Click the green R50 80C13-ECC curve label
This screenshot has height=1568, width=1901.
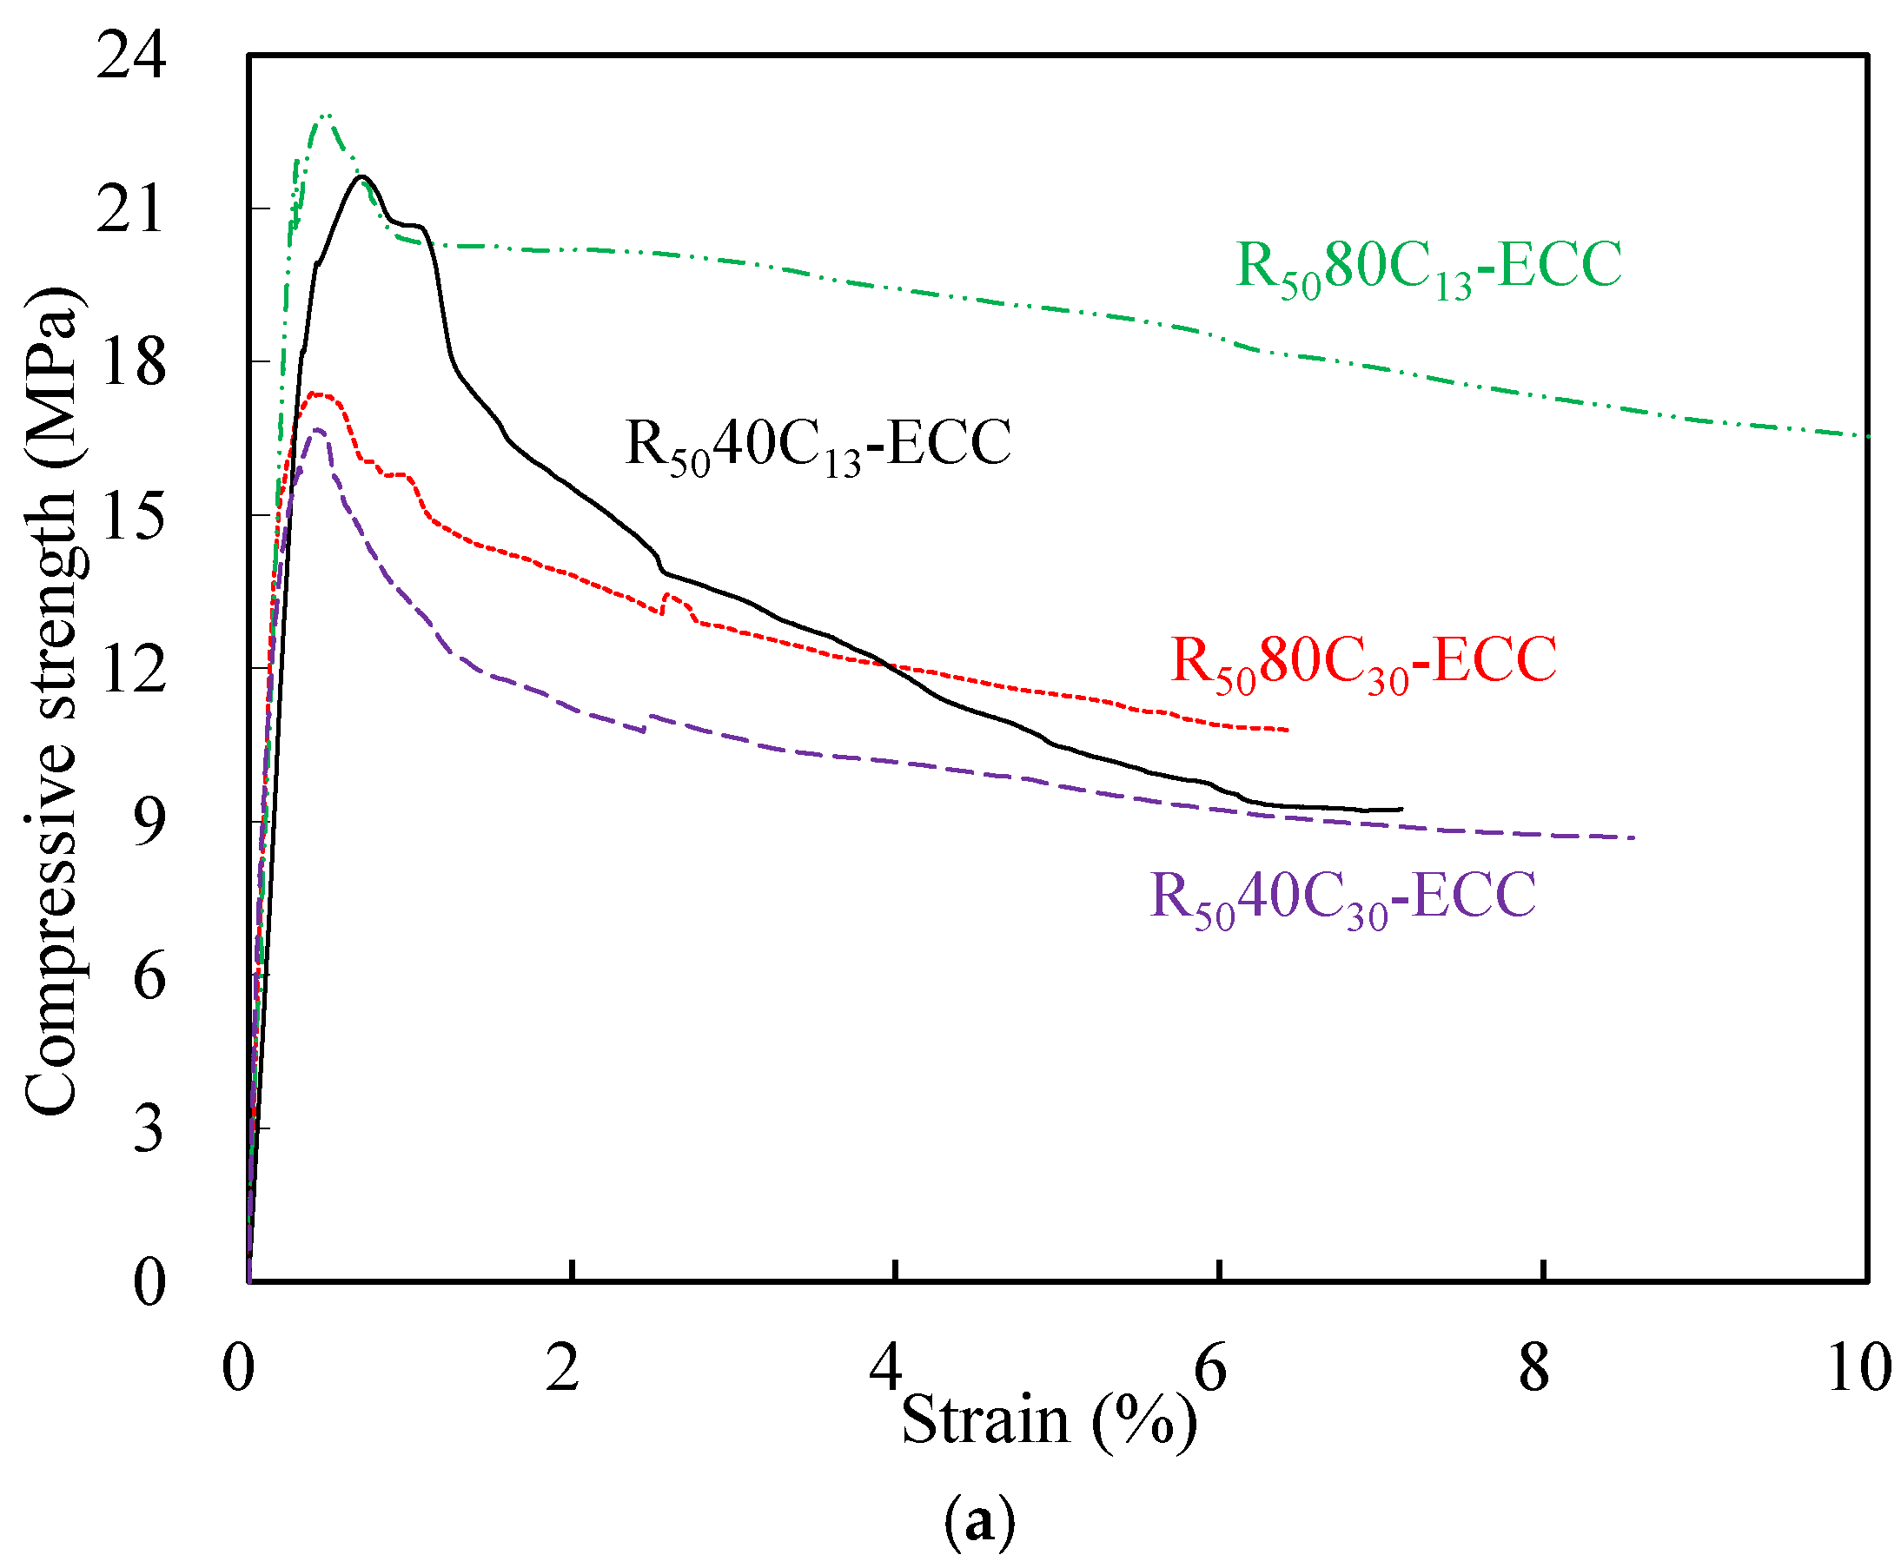(x=1427, y=268)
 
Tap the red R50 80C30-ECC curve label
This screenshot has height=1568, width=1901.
(x=1363, y=661)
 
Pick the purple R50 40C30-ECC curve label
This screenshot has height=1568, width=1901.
(x=1341, y=896)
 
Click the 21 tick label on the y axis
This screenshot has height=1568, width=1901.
(x=131, y=209)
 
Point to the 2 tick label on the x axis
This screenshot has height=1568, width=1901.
(x=562, y=1366)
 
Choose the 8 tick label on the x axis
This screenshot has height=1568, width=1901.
(x=1533, y=1366)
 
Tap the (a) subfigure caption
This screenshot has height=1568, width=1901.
(x=978, y=1522)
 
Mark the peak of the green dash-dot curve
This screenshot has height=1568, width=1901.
(x=326, y=116)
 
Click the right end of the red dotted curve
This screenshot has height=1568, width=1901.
(x=1287, y=730)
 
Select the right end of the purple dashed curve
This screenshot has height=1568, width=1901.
(x=1633, y=838)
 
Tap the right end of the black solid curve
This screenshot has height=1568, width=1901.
(x=1401, y=810)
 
